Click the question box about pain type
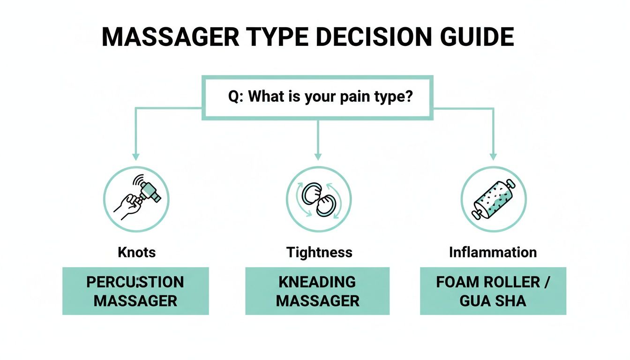point(317,97)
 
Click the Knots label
point(136,253)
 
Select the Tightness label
point(319,253)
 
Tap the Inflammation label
point(493,253)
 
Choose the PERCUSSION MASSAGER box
point(135,291)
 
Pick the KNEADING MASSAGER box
point(317,291)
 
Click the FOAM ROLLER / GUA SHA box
point(493,291)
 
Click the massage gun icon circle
point(136,199)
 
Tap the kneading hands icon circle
point(318,199)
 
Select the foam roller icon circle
point(493,199)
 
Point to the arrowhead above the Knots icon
point(136,157)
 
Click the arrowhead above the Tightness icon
point(318,157)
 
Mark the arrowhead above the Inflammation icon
point(493,157)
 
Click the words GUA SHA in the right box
point(493,301)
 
